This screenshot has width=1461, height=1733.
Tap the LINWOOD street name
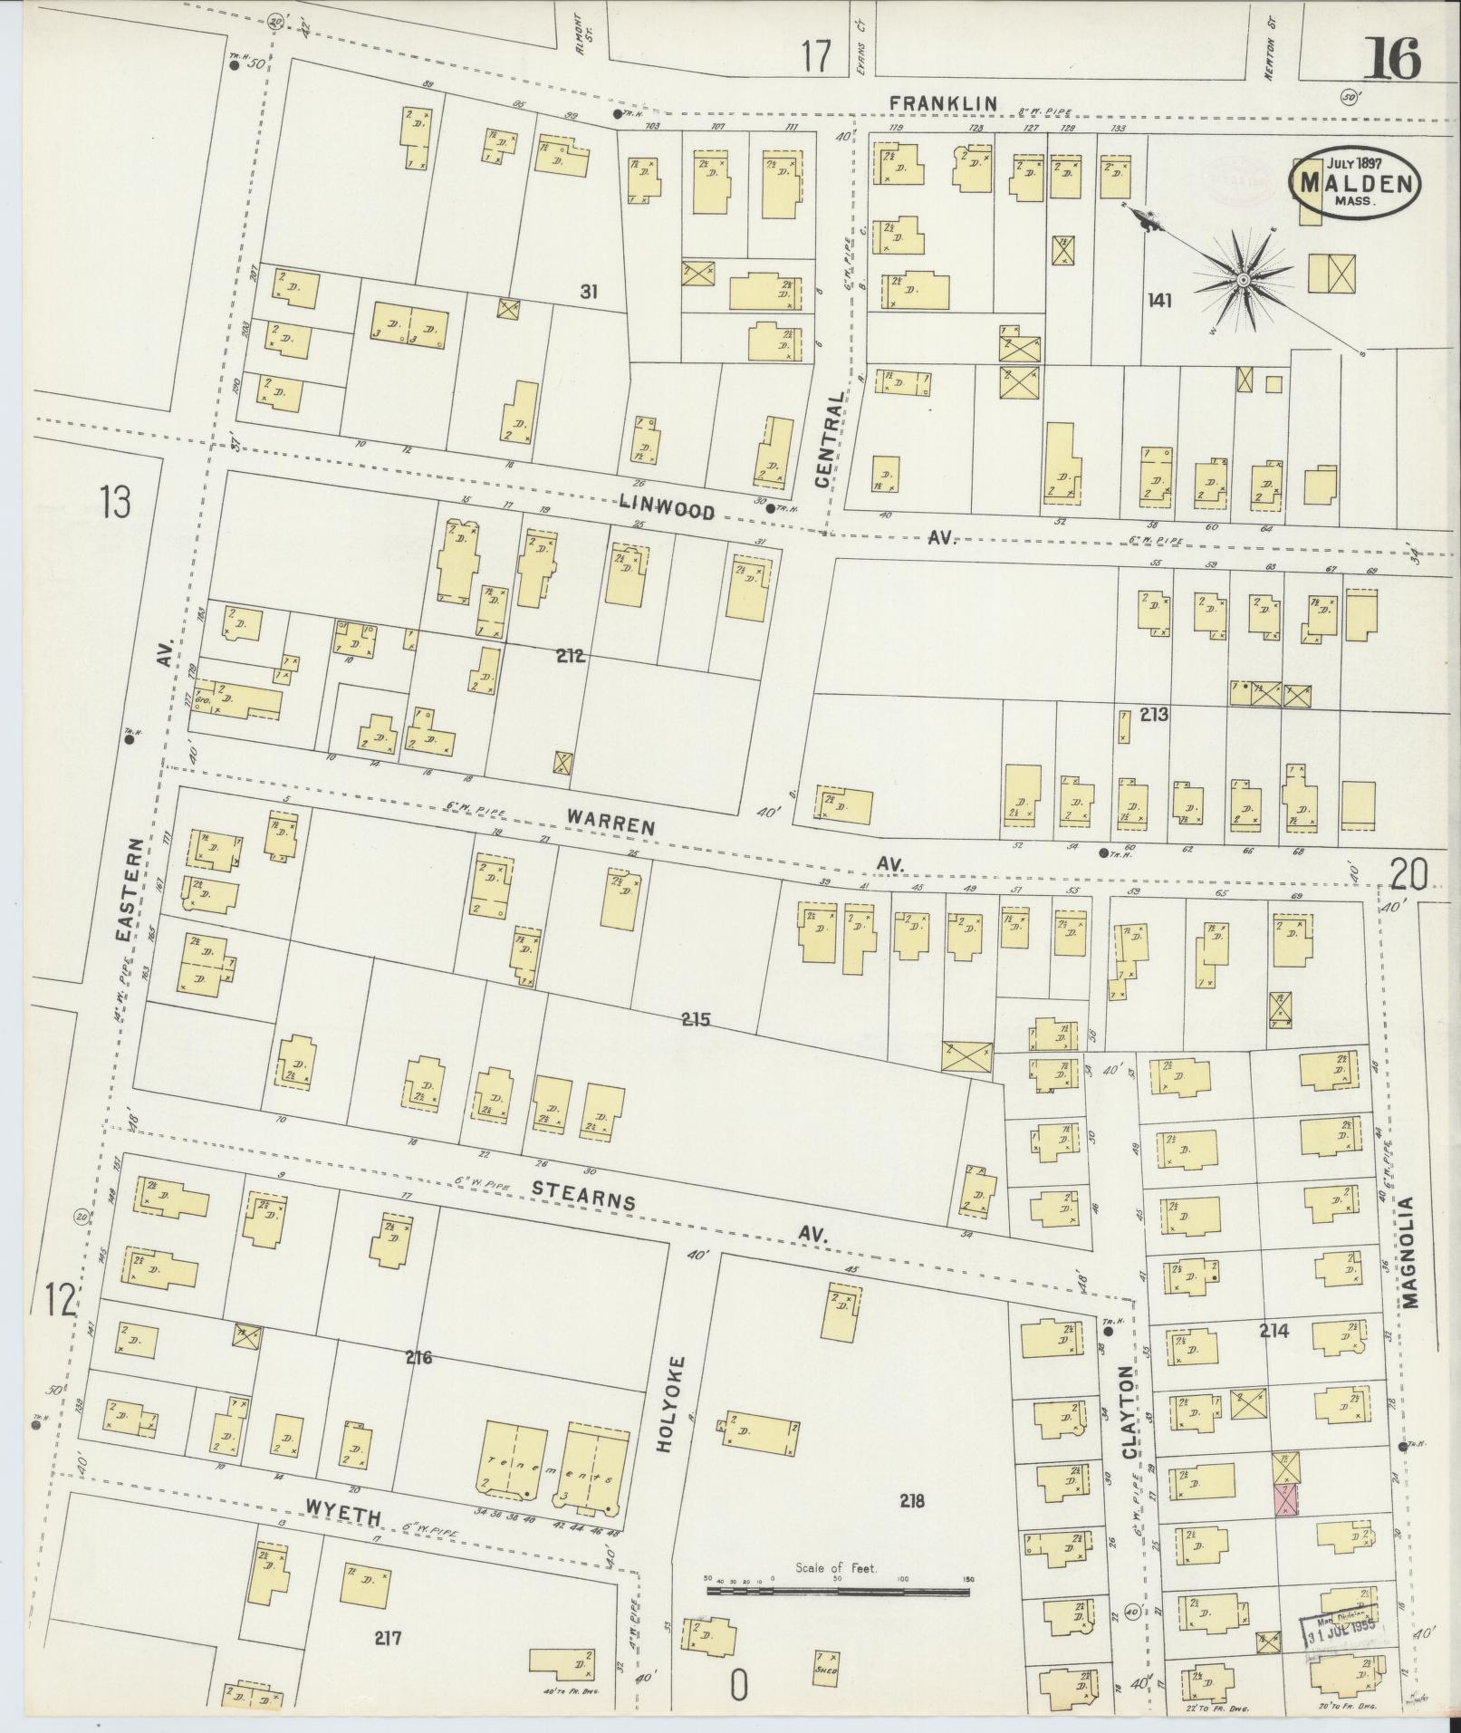(668, 507)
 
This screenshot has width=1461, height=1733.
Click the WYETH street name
(344, 1516)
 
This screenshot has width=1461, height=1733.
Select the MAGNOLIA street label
(1412, 1252)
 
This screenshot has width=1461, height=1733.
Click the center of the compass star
(1245, 282)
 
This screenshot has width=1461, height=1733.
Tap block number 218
(911, 1500)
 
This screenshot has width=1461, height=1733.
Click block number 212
(572, 656)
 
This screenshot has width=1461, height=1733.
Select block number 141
(1158, 300)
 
